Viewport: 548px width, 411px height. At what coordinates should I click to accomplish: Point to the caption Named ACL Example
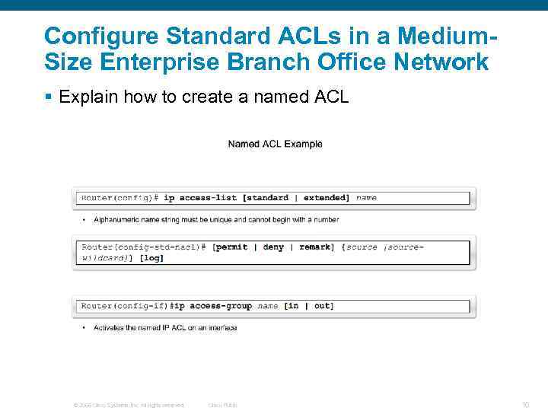tap(275, 144)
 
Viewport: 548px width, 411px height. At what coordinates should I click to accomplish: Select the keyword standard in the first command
tap(267, 198)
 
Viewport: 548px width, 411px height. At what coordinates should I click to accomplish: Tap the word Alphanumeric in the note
tap(116, 220)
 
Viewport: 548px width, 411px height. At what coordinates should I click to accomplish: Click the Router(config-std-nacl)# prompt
tap(144, 247)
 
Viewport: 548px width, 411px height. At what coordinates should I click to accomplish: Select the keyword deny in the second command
tap(273, 247)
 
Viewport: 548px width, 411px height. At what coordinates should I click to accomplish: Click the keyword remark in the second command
tap(315, 247)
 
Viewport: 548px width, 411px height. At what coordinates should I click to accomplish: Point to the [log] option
tap(151, 258)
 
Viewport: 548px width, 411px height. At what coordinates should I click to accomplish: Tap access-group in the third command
tap(221, 306)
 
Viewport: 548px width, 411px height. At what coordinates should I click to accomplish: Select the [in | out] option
tap(309, 306)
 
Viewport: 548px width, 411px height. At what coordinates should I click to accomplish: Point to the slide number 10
tap(525, 405)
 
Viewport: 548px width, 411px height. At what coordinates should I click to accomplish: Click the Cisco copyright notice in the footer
tap(128, 405)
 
